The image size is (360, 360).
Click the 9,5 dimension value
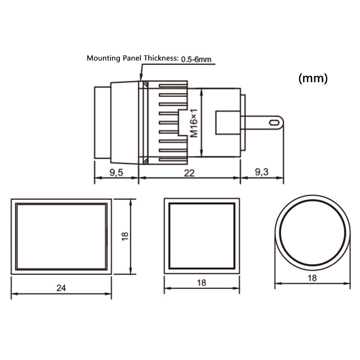pos(116,172)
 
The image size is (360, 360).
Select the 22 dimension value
pos(189,173)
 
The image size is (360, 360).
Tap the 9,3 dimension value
pos(261,172)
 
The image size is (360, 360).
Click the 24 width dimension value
pos(61,288)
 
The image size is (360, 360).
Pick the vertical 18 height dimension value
pos(125,236)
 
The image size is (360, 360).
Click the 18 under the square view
pos(201,283)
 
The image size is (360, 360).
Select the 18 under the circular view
pos(312,278)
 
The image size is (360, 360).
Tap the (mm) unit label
pos(313,78)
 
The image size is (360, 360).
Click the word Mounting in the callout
pos(104,58)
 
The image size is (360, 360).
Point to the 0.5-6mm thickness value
pos(196,59)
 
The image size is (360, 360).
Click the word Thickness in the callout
pos(161,58)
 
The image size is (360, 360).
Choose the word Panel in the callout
pos(132,58)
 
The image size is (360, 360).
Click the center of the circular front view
pos(312,233)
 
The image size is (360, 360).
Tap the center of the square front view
pos(202,236)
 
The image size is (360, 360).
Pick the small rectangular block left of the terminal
pos(228,123)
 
